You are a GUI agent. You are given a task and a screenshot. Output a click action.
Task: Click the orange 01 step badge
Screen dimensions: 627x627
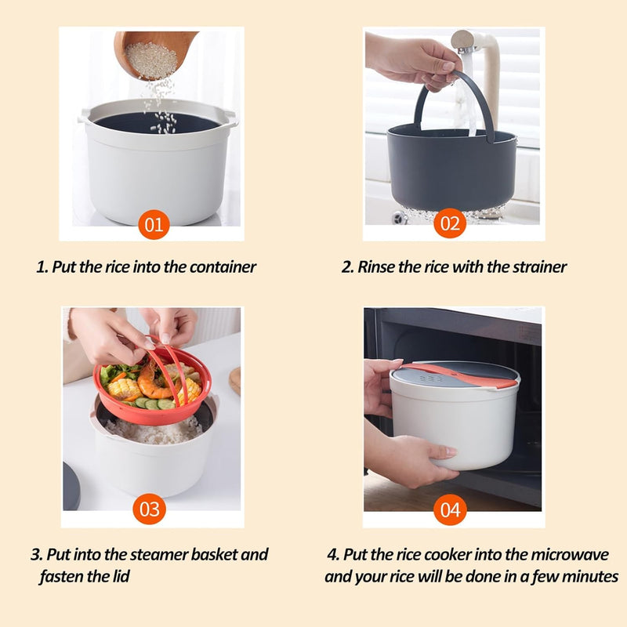(x=154, y=224)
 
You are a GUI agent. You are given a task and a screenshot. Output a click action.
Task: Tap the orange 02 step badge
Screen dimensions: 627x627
(x=450, y=223)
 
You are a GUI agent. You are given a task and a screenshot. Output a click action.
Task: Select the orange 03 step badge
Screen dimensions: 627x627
(x=149, y=509)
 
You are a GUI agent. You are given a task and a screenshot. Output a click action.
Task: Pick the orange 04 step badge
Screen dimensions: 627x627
(x=450, y=509)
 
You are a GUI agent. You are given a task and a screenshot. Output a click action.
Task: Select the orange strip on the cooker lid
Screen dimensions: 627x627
(x=460, y=376)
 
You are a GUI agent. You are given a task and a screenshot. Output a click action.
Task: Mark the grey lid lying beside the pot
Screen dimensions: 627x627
(x=71, y=486)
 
